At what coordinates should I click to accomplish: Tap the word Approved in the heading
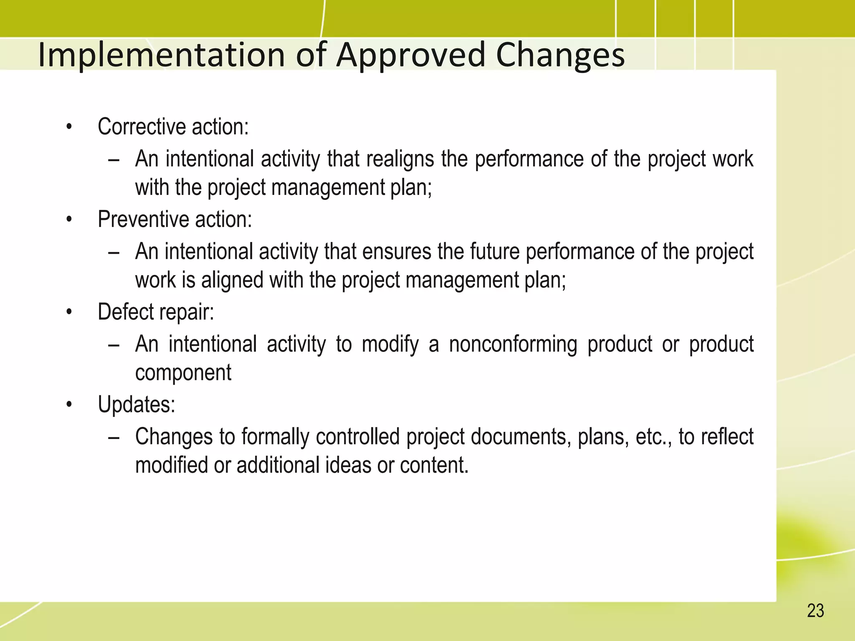click(x=411, y=56)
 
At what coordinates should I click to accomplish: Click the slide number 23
click(x=815, y=611)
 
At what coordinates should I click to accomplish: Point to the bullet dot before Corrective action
click(x=69, y=127)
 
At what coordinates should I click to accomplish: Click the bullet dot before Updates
click(x=69, y=405)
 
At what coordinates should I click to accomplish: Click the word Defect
click(x=125, y=312)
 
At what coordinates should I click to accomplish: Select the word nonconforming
click(x=513, y=345)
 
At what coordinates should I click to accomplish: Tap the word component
click(x=183, y=373)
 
